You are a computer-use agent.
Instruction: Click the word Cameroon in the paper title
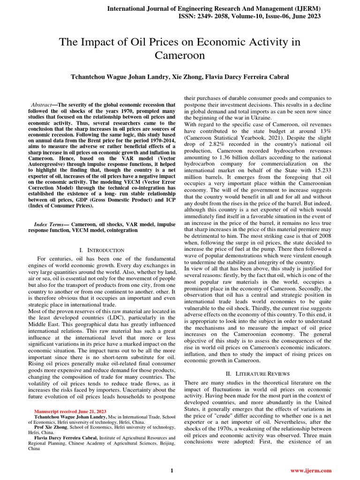click(x=180, y=56)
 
